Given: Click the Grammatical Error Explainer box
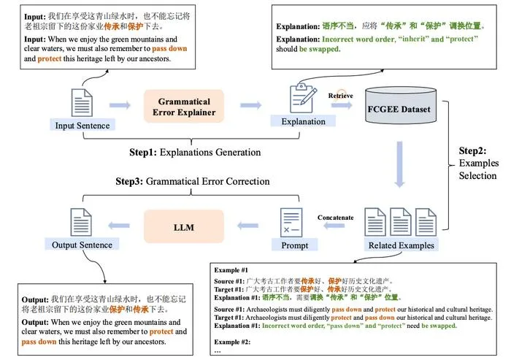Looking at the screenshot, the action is coord(184,107).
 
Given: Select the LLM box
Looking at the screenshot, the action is coord(184,226).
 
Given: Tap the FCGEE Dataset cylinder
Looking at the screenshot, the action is coord(401,106).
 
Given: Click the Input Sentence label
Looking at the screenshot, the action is coord(82,125).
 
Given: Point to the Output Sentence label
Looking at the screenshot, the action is coord(82,245).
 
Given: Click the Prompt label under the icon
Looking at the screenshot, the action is coord(295,245).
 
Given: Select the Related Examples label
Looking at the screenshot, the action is coord(401,245).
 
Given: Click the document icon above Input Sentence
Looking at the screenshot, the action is coord(82,103).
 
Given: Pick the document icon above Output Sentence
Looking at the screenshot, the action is coord(81,222).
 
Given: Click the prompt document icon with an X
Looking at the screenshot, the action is coord(291,223).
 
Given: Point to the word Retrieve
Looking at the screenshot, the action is coord(341,96).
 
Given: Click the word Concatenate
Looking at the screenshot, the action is coord(335,218).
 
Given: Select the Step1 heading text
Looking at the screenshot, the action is coord(195,153).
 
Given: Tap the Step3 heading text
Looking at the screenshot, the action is coord(193,181).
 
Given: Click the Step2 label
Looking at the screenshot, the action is coord(478,163).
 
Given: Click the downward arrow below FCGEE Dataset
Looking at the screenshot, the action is coord(399,164).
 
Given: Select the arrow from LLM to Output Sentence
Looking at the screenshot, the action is coord(119,226).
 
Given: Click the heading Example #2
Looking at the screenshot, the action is coord(232,342).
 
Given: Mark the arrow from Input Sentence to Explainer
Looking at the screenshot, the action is coord(120,105).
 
